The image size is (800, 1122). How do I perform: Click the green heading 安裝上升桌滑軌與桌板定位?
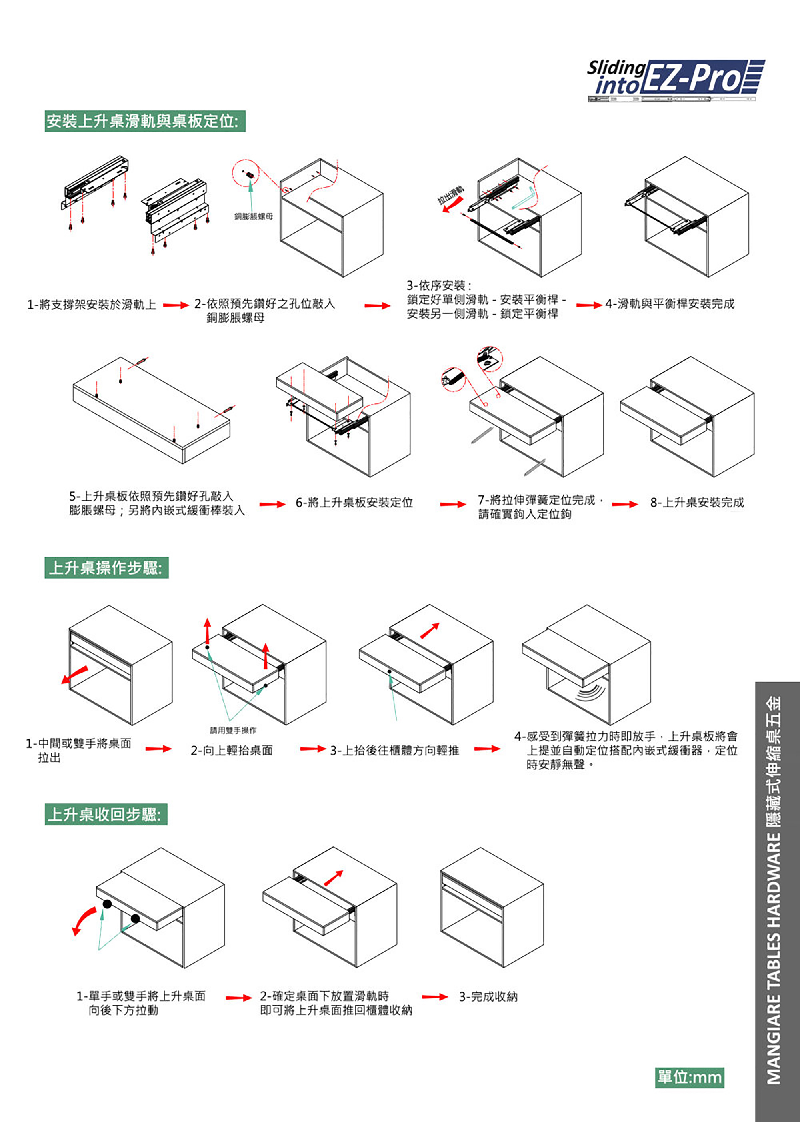tap(145, 121)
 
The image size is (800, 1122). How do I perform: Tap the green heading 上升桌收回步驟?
tap(106, 814)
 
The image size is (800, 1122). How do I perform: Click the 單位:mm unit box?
tap(689, 1077)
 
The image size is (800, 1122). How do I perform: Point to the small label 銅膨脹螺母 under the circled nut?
tap(253, 216)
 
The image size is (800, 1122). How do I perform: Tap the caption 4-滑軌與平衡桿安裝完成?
tap(670, 304)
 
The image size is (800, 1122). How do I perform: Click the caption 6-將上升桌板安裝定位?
tap(354, 503)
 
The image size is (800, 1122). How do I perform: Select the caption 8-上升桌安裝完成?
tap(696, 503)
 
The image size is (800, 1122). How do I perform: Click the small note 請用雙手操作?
tap(233, 730)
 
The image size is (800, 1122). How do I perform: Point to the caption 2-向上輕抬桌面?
tap(232, 750)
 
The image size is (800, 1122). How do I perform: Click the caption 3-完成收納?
tap(488, 996)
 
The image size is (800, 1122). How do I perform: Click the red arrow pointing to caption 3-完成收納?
tap(434, 997)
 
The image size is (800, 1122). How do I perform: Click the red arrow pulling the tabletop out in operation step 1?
tap(74, 675)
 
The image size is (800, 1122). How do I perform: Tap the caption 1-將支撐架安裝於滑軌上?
tap(92, 305)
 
